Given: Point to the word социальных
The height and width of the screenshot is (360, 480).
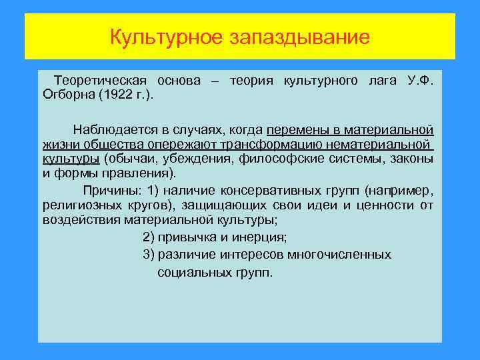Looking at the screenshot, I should pos(193,273).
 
